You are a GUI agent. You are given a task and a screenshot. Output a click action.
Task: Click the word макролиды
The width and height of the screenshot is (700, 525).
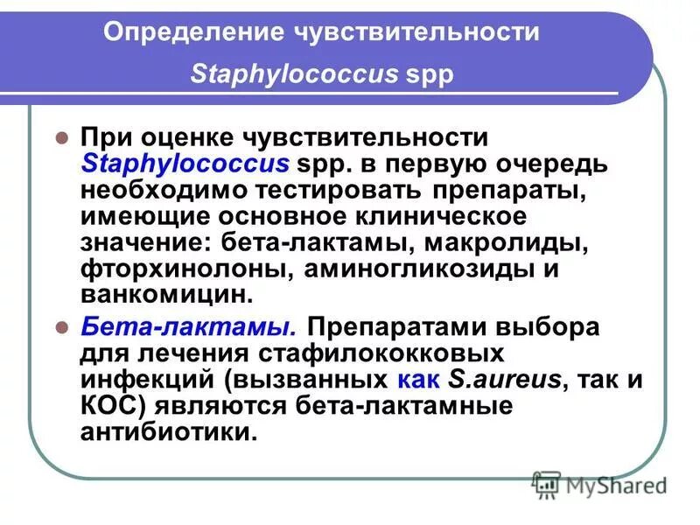500,241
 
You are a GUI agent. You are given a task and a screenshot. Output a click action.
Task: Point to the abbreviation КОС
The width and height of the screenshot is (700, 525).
106,406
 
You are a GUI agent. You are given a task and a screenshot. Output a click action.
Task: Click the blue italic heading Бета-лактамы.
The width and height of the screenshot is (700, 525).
187,328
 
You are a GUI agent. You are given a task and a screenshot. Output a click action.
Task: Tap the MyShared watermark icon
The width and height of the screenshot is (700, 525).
546,483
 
